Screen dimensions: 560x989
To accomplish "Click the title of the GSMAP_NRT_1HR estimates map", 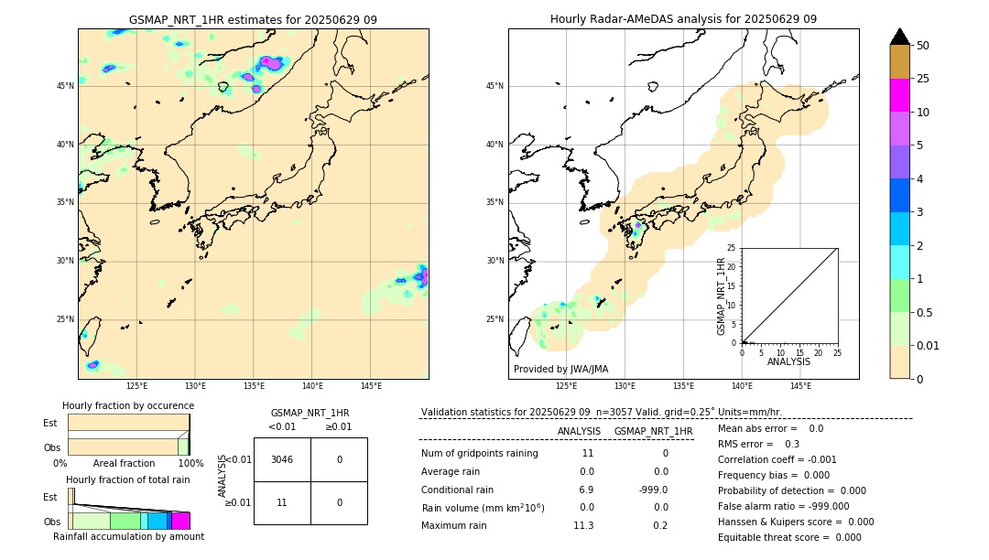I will [253, 19].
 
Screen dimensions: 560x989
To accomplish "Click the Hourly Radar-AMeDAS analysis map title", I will [683, 19].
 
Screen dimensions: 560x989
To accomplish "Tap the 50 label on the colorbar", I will [923, 46].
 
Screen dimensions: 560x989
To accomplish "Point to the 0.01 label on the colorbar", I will [927, 346].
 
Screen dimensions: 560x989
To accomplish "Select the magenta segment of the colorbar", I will [900, 95].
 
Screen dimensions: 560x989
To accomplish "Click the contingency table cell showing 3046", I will [282, 459].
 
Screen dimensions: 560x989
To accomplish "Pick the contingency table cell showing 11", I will [282, 502].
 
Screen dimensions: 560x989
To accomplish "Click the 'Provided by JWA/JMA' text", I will [560, 370].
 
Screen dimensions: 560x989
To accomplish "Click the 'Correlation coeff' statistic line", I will [777, 459].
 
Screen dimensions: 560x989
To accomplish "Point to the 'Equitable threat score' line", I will [789, 537].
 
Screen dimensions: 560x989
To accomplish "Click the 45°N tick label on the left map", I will [65, 86].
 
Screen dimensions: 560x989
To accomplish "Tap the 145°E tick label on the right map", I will [800, 386].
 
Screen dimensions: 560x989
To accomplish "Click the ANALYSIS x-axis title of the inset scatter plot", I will [788, 361].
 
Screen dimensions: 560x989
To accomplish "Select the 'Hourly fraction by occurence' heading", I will [128, 406].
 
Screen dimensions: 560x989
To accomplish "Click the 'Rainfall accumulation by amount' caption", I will [128, 537].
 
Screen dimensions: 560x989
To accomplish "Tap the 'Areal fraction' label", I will [124, 464].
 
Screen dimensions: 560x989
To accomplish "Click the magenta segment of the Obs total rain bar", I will [180, 521].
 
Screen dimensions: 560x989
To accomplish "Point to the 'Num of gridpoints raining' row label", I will [479, 454].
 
